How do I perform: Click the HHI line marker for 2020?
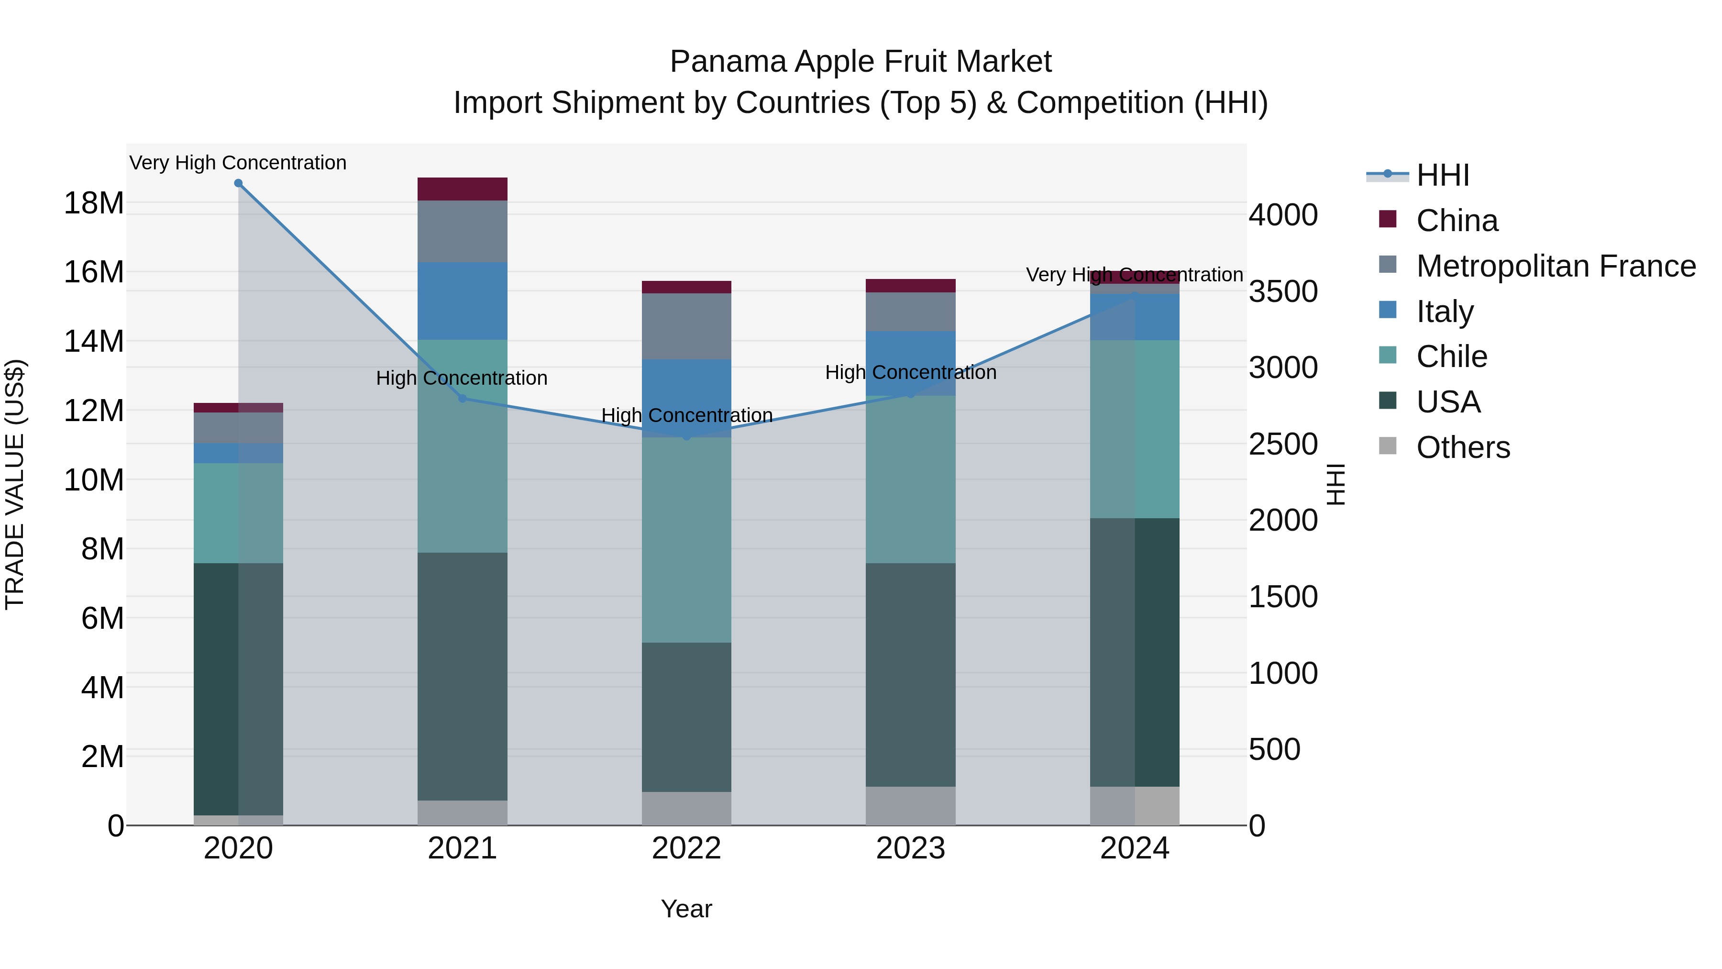pos(238,183)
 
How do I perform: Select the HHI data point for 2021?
pos(462,399)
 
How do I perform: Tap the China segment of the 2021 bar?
pos(462,189)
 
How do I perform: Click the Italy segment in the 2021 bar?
pos(462,301)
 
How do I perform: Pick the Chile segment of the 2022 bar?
pos(686,540)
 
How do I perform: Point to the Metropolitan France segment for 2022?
pos(686,326)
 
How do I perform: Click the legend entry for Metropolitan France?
pos(1555,266)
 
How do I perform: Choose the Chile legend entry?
pos(1451,356)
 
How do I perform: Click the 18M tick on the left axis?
pos(94,202)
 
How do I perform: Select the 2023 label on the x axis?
pos(910,848)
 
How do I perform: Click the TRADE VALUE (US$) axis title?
pos(15,484)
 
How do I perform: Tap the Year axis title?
pos(686,909)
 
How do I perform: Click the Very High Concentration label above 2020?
pos(238,163)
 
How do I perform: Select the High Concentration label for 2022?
pos(686,415)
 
